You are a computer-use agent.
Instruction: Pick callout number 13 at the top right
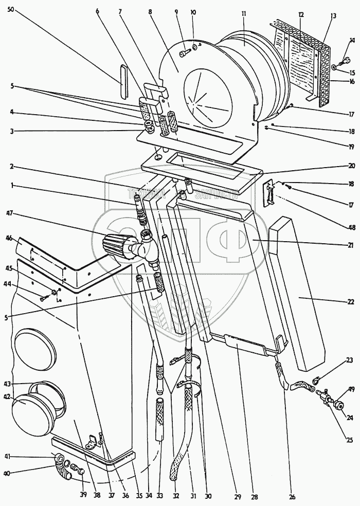[333, 16]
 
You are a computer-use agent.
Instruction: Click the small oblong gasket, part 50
[122, 80]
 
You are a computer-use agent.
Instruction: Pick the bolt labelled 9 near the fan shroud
[184, 53]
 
